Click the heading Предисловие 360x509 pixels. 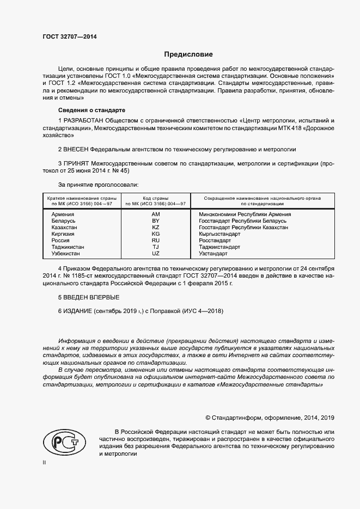pos(188,54)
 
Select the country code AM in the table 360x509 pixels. pos(155,214)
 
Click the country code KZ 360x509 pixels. pos(155,228)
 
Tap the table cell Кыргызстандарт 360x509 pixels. pos(219,234)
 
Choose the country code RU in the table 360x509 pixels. pos(155,241)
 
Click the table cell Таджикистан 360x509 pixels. pos(68,247)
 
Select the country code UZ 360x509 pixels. pos(155,254)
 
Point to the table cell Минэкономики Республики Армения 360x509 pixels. pos(245,214)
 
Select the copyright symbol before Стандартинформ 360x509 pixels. pos(209,418)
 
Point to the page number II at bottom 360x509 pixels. pos(44,462)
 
